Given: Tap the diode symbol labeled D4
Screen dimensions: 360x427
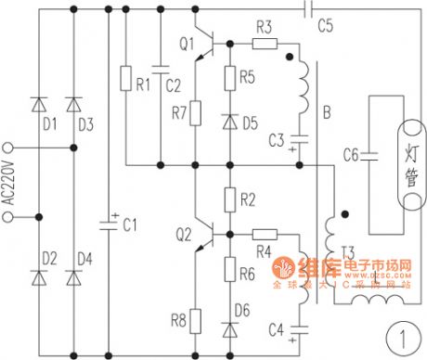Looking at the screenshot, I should coord(74,276).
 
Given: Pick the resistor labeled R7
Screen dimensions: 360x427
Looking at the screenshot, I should coord(195,113).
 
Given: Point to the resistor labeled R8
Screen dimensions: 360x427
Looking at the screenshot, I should coord(195,319).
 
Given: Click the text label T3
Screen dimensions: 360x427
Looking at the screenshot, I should coord(348,251).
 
